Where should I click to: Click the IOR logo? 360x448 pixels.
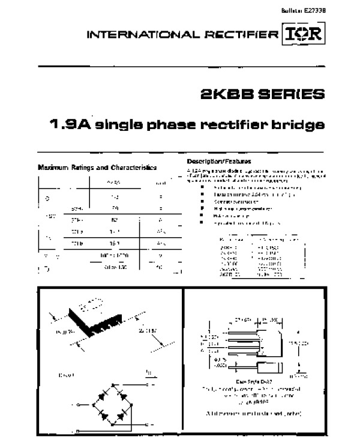click(x=302, y=34)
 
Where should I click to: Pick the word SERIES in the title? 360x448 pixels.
click(x=289, y=95)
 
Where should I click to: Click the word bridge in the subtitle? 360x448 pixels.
click(x=300, y=126)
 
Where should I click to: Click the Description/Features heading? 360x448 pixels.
click(x=219, y=162)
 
